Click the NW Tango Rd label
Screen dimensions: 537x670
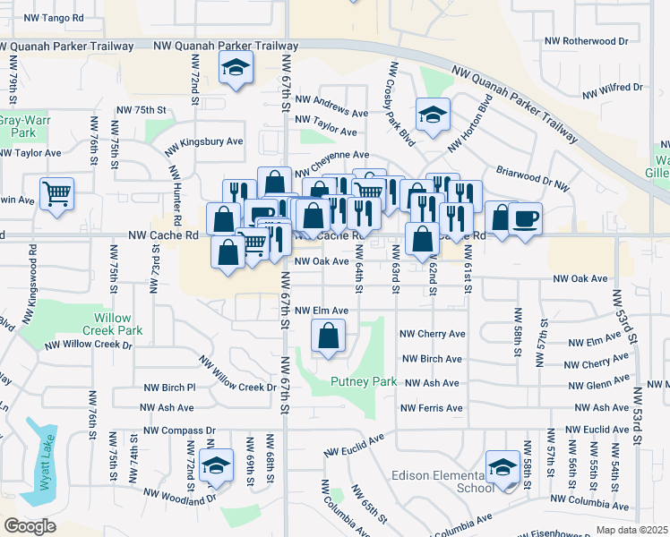[x=53, y=18]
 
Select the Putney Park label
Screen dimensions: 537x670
[x=364, y=381]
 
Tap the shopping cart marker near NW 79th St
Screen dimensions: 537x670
[x=56, y=192]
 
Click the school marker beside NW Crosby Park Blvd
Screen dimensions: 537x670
[x=433, y=115]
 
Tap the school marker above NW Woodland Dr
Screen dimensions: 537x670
[x=216, y=465]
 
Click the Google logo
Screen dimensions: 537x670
[x=30, y=525]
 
